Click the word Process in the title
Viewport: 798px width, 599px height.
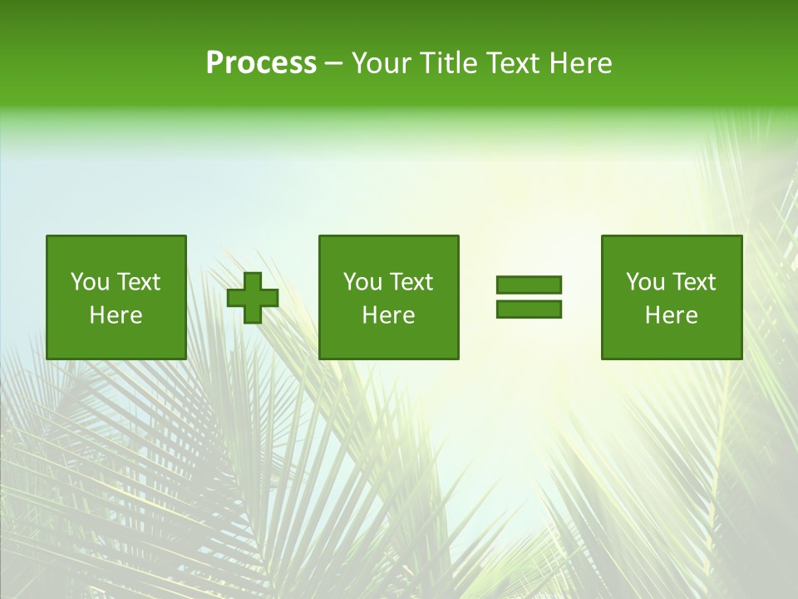pos(261,63)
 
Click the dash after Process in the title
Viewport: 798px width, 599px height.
pos(334,64)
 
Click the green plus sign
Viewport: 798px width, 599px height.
pos(253,298)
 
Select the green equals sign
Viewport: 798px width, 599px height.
pos(529,297)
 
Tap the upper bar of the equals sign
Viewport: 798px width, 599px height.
pos(529,285)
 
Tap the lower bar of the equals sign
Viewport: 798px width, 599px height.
pos(529,309)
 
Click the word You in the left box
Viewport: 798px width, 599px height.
pos(90,282)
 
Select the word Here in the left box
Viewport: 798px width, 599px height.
pos(116,315)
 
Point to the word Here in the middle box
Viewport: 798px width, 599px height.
pos(389,315)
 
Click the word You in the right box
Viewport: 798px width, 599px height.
pos(645,282)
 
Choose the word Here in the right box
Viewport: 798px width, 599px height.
pos(672,315)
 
